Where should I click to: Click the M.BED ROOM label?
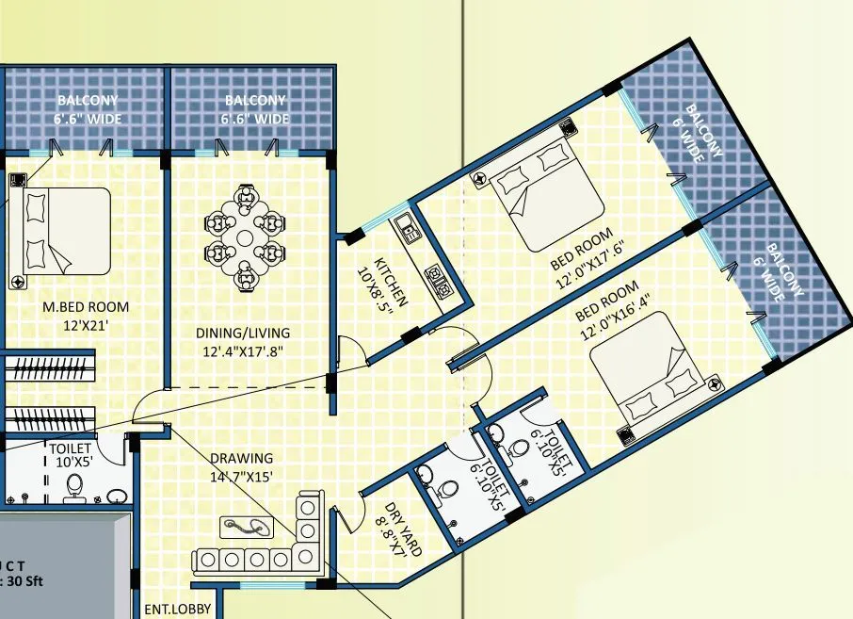point(86,306)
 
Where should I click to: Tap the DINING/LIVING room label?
point(243,333)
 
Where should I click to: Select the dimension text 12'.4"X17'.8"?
point(243,352)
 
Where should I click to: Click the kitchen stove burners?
point(438,275)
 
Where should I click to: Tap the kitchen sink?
point(408,227)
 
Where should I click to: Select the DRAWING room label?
point(241,459)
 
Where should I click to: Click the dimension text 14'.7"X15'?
point(241,477)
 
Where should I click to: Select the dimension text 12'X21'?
point(86,325)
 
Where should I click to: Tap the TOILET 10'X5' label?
point(71,456)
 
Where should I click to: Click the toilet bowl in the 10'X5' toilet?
point(74,486)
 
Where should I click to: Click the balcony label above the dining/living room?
point(255,109)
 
